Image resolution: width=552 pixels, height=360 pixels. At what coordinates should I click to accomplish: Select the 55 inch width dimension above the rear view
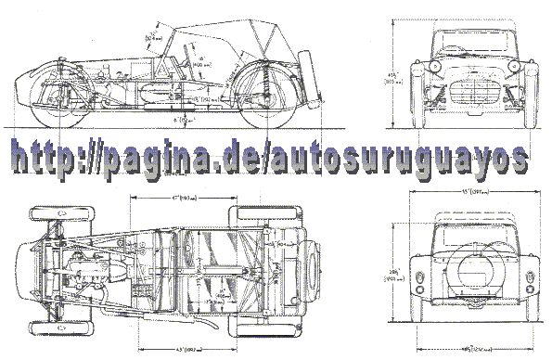(x=474, y=192)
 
